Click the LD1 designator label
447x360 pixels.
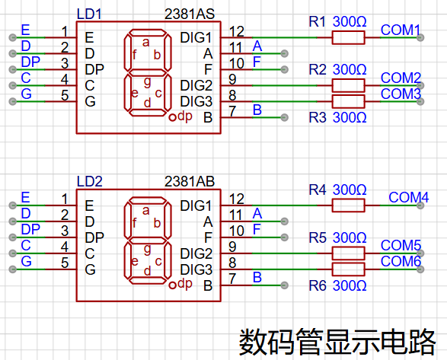[89, 14]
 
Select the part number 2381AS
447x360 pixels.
[190, 14]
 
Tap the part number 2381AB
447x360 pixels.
[190, 182]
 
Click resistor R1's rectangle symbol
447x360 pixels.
[348, 37]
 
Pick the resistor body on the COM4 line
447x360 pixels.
[348, 205]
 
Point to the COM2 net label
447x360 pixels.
[401, 78]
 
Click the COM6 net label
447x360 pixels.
[401, 261]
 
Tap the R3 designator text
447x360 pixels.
[318, 118]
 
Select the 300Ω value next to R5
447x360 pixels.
[350, 237]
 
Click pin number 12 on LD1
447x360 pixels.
[237, 31]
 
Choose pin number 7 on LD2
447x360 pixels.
[232, 279]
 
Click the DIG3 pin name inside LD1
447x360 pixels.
[196, 101]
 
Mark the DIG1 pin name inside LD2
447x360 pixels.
[196, 205]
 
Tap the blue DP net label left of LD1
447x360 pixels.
[30, 62]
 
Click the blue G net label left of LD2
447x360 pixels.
[26, 261]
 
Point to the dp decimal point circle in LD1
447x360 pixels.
[172, 117]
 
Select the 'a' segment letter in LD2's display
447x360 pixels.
[146, 211]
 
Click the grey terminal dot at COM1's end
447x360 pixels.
[420, 37]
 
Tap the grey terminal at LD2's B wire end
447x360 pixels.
[284, 285]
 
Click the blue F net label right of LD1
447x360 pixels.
[257, 62]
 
